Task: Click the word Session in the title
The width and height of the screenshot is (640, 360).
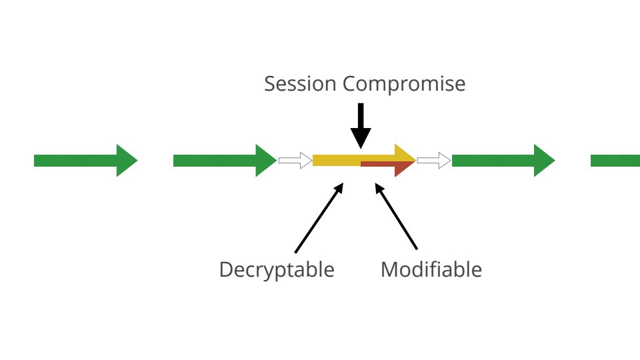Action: tap(301, 85)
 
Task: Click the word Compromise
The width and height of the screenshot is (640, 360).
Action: tap(404, 85)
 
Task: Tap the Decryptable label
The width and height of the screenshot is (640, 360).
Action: tap(277, 270)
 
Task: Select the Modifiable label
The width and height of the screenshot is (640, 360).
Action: tap(431, 270)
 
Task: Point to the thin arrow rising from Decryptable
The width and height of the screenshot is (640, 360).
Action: tap(318, 217)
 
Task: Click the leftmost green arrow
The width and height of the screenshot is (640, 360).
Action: tap(83, 160)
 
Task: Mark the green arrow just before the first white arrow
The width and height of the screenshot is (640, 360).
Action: tap(223, 160)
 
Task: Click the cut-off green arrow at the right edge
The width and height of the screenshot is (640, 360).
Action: tap(615, 160)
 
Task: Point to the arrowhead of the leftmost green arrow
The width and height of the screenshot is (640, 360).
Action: tap(125, 160)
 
